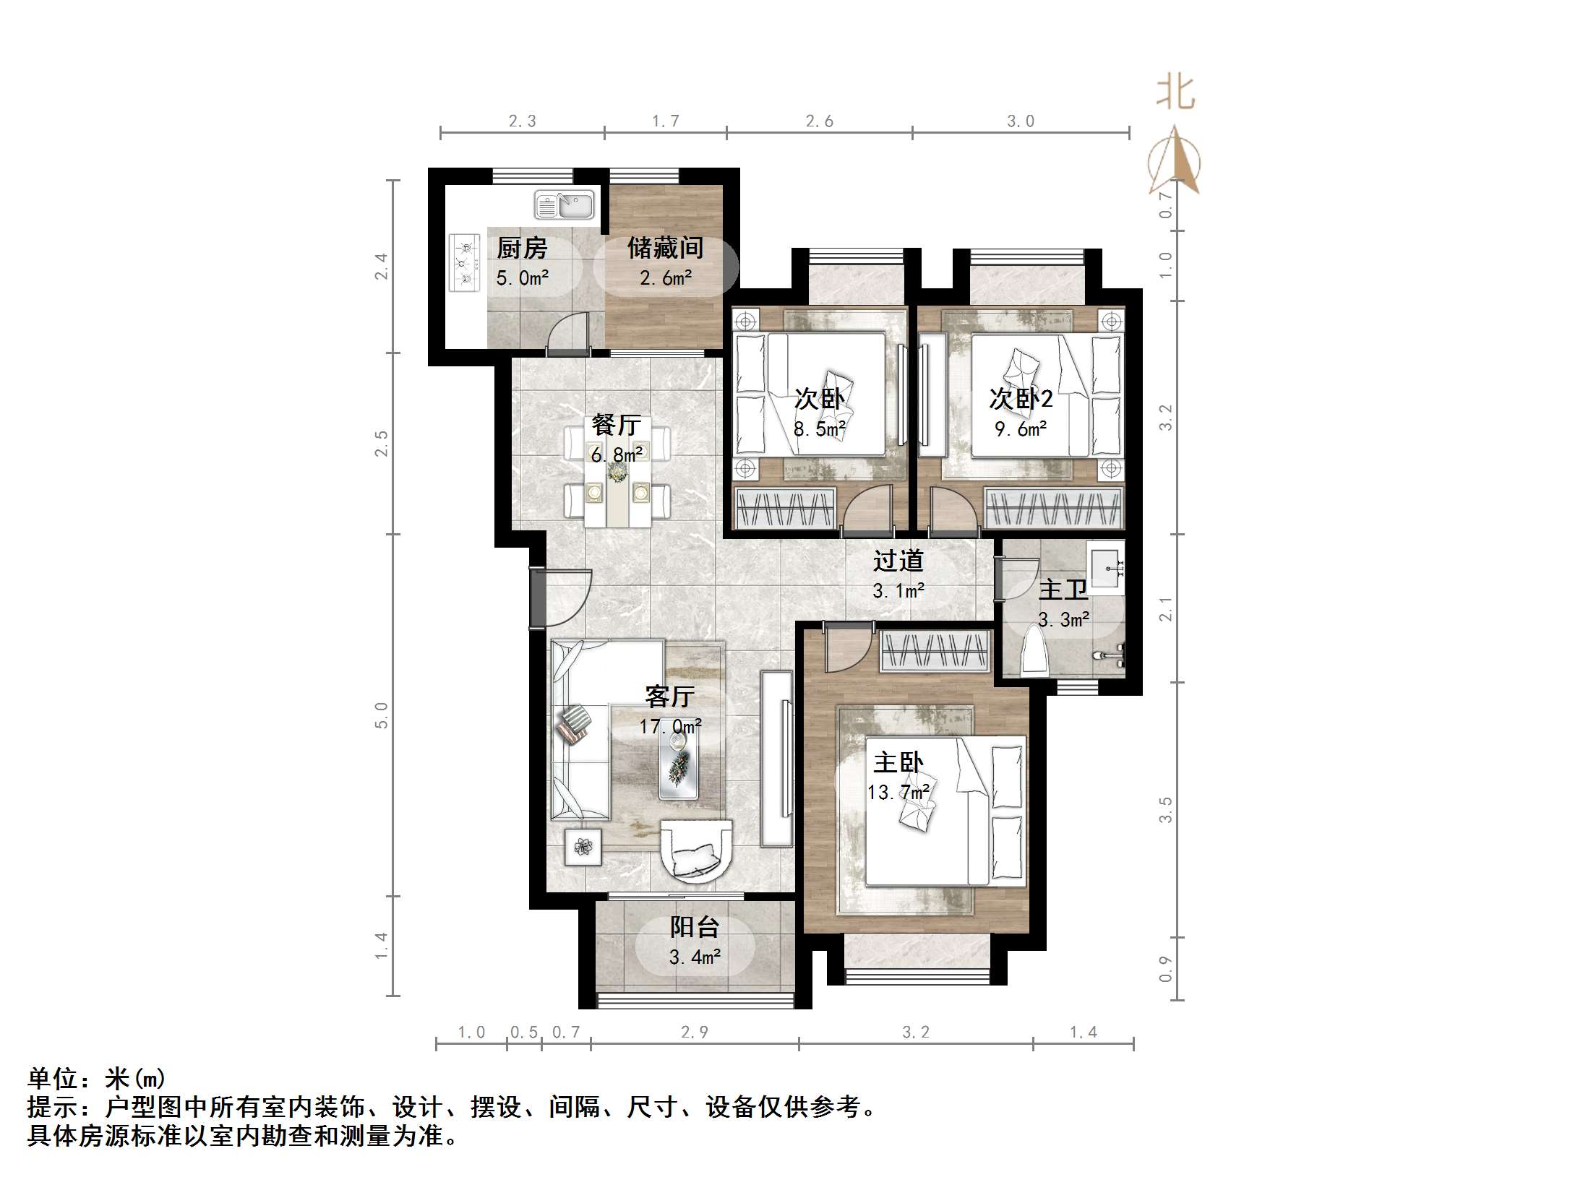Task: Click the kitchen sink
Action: [564, 205]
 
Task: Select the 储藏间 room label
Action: [665, 249]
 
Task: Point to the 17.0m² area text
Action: [670, 726]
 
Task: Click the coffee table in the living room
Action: [679, 771]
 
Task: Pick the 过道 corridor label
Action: [898, 561]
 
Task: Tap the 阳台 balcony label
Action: [694, 927]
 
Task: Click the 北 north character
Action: [1175, 94]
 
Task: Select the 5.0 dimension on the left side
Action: [382, 715]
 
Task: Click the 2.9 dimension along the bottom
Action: [695, 1032]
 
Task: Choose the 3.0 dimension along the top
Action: [1021, 121]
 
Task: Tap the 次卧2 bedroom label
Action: [1021, 399]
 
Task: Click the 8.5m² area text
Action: [820, 430]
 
